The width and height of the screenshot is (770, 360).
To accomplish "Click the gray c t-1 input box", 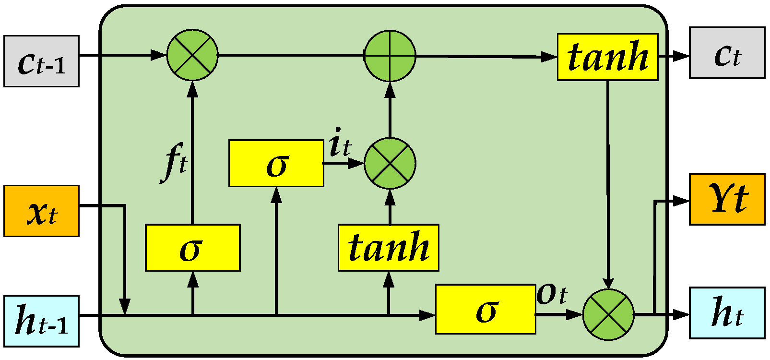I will pyautogui.click(x=41, y=61).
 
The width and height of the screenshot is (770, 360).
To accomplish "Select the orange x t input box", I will pyautogui.click(x=41, y=211).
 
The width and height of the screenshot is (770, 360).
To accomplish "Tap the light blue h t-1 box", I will pyautogui.click(x=41, y=321).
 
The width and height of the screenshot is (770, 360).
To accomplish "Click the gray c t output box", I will pyautogui.click(x=727, y=53).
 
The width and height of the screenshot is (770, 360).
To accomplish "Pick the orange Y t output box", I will pyautogui.click(x=727, y=199).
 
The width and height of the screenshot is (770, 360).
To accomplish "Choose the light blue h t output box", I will pyautogui.click(x=727, y=313).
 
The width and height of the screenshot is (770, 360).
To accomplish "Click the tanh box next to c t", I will pyautogui.click(x=607, y=57).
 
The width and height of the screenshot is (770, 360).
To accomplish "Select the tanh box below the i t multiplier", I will pyautogui.click(x=389, y=248).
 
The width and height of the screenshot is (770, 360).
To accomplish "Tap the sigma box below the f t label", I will pyautogui.click(x=193, y=248).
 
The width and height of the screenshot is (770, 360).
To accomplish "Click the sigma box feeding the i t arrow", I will pyautogui.click(x=276, y=163).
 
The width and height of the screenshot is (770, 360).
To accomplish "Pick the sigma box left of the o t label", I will pyautogui.click(x=486, y=310).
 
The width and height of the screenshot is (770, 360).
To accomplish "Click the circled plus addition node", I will pyautogui.click(x=390, y=56).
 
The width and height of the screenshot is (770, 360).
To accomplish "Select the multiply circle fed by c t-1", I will pyautogui.click(x=192, y=55).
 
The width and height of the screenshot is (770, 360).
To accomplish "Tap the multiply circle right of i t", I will pyautogui.click(x=390, y=164).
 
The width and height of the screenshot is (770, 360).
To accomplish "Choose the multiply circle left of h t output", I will pyautogui.click(x=608, y=315).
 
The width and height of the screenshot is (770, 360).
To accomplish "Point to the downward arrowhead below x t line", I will pyautogui.click(x=125, y=306).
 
